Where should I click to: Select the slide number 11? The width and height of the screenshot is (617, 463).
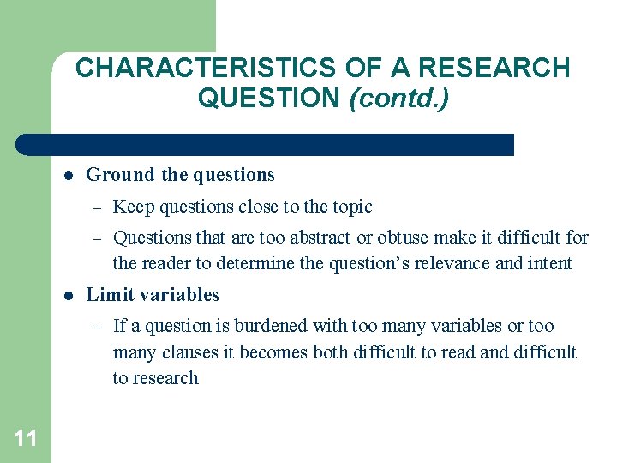(26, 439)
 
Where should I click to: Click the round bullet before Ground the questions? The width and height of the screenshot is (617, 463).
(67, 175)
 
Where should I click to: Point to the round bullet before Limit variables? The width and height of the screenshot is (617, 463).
(67, 295)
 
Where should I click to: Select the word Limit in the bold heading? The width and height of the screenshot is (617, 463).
(106, 295)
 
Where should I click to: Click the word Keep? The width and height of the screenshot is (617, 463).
(131, 207)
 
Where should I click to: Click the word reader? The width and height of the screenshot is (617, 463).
(171, 262)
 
